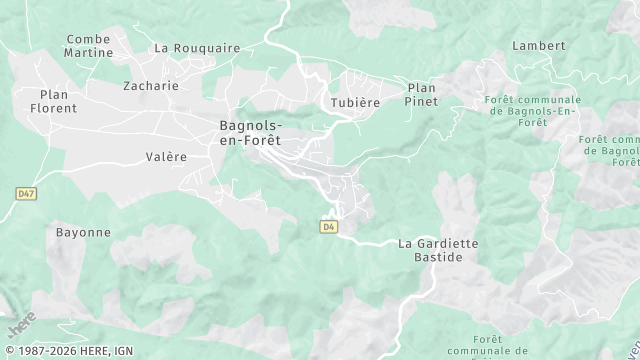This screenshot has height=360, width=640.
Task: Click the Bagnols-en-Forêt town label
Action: pyautogui.click(x=250, y=133)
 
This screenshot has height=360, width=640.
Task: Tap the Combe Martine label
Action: pyautogui.click(x=88, y=45)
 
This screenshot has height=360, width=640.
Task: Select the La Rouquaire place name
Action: pyautogui.click(x=197, y=47)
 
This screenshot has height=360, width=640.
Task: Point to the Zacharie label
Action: pyautogui.click(x=150, y=86)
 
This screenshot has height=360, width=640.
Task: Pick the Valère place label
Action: pyautogui.click(x=166, y=157)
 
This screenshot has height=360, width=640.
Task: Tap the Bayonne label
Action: pyautogui.click(x=83, y=232)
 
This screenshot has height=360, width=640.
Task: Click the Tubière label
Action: pyautogui.click(x=355, y=103)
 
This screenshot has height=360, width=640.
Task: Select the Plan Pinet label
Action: pyautogui.click(x=422, y=94)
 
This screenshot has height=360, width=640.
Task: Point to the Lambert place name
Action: pyautogui.click(x=538, y=46)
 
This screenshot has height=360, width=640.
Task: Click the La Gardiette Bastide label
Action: pyautogui.click(x=438, y=250)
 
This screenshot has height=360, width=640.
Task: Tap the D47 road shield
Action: pyautogui.click(x=26, y=191)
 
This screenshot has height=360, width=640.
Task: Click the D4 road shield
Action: pyautogui.click(x=328, y=227)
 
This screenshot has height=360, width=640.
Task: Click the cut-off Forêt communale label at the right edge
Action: pyautogui.click(x=613, y=151)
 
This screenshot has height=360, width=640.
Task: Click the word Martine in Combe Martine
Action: pyautogui.click(x=88, y=52)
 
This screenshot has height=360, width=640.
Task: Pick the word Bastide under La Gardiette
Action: pyautogui.click(x=438, y=257)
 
